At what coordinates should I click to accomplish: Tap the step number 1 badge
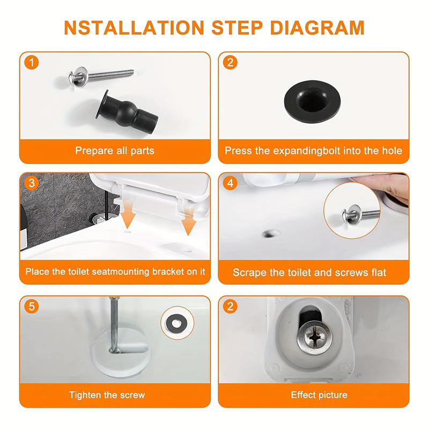click(x=32, y=63)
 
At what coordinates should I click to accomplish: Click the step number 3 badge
click(x=32, y=183)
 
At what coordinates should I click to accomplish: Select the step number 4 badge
click(x=231, y=183)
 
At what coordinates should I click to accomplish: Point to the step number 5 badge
click(x=32, y=307)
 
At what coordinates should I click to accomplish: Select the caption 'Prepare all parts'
click(x=114, y=151)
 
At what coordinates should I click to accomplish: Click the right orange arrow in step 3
click(x=187, y=224)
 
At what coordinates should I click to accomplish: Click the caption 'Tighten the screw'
click(x=107, y=395)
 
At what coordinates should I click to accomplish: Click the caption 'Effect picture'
click(x=319, y=395)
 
